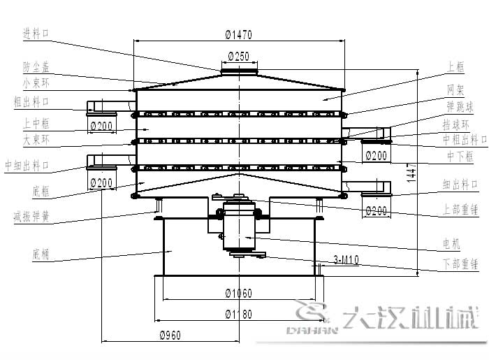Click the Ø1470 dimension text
239,34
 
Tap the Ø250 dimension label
239,57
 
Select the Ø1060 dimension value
238,293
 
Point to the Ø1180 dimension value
238,314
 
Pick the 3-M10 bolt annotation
346,259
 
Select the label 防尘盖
36,67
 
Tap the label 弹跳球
460,107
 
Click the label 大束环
36,139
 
